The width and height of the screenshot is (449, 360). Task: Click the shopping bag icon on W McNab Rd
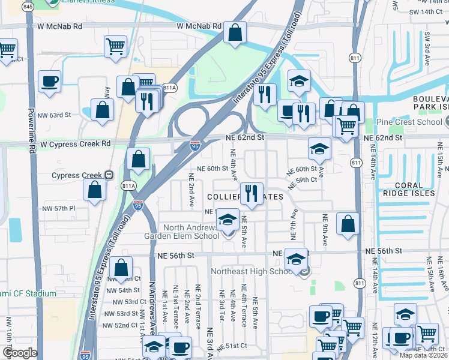pyautogui.click(x=235, y=33)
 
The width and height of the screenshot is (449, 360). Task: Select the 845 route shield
pyautogui.click(x=28, y=7)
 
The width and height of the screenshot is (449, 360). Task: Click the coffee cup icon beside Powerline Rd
pyautogui.click(x=49, y=82)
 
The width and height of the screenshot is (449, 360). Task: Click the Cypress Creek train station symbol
pyautogui.click(x=109, y=175)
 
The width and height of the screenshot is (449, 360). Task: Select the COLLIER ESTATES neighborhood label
pyautogui.click(x=245, y=197)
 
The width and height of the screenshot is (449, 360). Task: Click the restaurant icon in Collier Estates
pyautogui.click(x=251, y=193)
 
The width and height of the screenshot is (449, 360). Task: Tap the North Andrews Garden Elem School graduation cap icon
pyautogui.click(x=228, y=220)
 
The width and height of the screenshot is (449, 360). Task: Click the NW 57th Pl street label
pyautogui.click(x=59, y=208)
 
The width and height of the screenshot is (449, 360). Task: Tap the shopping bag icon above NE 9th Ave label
pyautogui.click(x=348, y=224)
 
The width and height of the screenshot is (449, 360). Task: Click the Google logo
pyautogui.click(x=19, y=353)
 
